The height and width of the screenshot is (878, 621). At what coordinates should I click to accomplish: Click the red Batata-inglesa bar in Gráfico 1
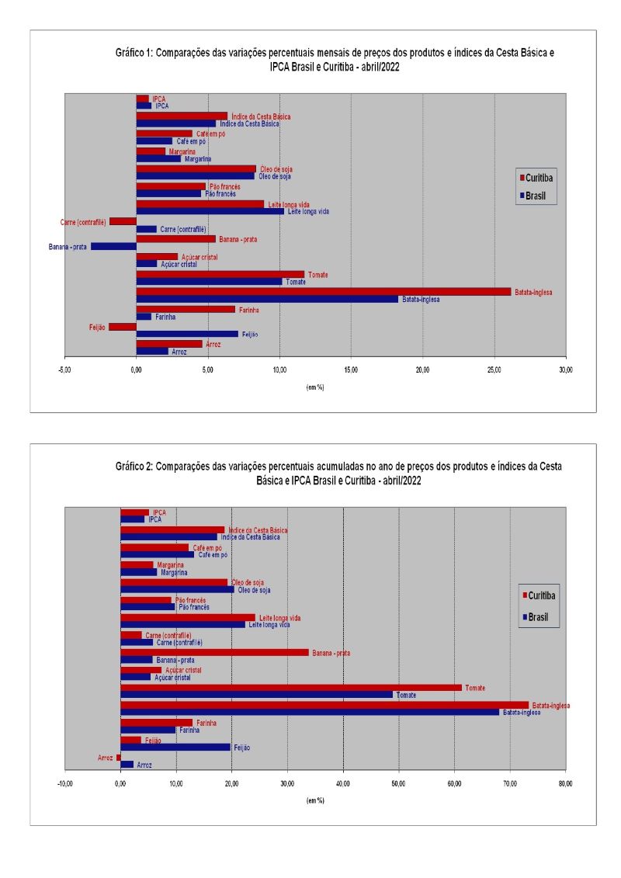point(323,292)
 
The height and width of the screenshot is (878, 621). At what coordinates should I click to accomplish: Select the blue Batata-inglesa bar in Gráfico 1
point(267,299)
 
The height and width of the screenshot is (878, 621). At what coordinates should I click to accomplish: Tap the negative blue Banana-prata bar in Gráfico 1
point(113,246)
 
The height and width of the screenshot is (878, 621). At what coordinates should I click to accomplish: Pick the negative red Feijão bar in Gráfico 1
point(123,327)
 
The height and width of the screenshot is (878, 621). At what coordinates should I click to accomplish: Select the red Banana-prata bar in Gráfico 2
point(214,652)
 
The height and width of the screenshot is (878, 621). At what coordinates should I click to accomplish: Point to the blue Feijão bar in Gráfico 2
point(175,747)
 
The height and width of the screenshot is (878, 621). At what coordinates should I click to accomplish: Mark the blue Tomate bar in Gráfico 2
point(257,695)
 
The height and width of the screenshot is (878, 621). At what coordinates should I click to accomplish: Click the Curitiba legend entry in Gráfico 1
point(541,177)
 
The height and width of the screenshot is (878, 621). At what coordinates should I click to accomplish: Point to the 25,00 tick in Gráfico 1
point(494,372)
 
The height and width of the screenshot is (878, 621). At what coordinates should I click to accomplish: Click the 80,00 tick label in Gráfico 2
point(566,786)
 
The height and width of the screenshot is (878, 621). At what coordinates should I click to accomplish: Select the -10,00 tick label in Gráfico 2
point(64,786)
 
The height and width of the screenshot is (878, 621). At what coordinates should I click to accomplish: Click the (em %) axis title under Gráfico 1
point(314,387)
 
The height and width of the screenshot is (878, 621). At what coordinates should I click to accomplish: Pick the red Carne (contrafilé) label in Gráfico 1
point(83,222)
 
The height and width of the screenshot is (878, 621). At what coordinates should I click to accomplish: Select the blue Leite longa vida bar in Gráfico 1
point(210,211)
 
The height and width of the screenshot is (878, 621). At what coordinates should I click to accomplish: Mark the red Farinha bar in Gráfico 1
point(186,309)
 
